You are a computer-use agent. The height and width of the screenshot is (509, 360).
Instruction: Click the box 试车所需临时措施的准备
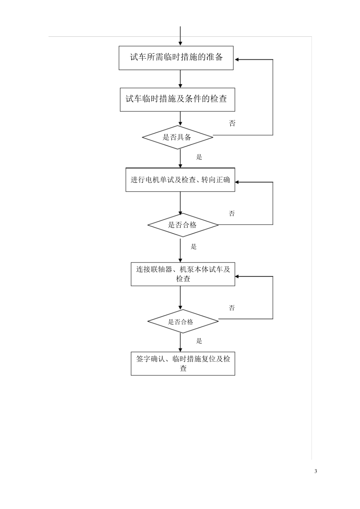tap(176, 58)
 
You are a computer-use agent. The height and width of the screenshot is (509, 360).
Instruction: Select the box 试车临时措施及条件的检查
tap(177, 100)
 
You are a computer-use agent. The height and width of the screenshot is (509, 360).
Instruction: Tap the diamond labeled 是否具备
tap(177, 137)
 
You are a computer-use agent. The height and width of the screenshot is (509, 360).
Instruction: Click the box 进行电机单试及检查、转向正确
tap(180, 180)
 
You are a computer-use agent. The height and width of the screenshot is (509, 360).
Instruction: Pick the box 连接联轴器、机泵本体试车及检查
tap(183, 274)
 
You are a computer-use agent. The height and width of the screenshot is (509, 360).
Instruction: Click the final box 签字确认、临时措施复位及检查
tap(183, 364)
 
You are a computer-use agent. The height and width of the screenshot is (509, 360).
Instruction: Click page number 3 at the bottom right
tap(316, 471)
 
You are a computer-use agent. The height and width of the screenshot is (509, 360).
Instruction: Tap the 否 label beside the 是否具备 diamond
tap(232, 123)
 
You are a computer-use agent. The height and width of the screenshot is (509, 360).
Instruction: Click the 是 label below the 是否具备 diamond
tap(199, 157)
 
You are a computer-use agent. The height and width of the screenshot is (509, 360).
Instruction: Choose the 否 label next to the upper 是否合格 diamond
tap(232, 214)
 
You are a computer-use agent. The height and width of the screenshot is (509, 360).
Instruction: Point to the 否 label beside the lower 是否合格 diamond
tap(232, 308)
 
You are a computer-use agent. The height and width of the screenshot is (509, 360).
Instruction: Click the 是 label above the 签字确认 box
tap(199, 341)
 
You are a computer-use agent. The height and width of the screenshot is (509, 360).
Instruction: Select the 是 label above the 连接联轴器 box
tap(194, 247)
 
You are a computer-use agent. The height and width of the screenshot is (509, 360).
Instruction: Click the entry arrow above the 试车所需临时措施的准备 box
tap(180, 36)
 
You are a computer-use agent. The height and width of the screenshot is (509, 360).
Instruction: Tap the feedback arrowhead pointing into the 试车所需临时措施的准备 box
tap(237, 59)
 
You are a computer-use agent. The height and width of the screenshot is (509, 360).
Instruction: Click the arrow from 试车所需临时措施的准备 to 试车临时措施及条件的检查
tap(180, 79)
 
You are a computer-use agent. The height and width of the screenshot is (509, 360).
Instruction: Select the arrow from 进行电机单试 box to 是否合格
tap(180, 203)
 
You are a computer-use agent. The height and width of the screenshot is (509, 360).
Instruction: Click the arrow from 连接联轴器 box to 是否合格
tap(180, 298)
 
